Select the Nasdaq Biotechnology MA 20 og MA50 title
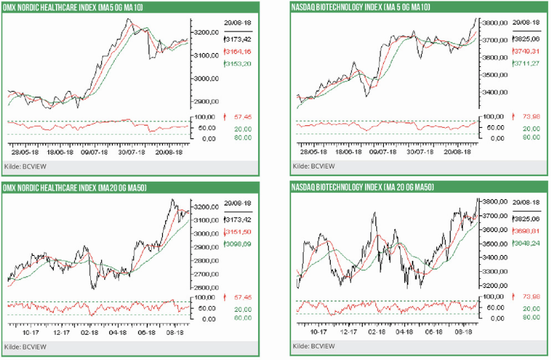coord(363,187)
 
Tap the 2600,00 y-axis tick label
coord(207,287)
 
